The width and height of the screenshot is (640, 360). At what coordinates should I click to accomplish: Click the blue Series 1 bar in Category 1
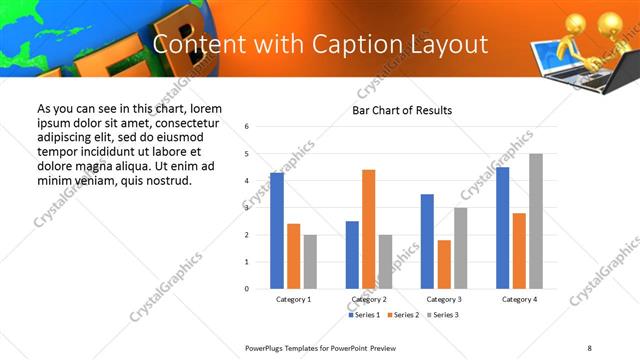pos(277,231)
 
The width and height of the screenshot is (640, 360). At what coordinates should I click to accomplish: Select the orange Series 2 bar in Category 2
pos(368,229)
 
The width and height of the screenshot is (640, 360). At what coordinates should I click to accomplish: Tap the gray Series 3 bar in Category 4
pos(536,221)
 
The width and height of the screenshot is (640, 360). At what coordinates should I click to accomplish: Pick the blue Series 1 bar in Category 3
pos(427,241)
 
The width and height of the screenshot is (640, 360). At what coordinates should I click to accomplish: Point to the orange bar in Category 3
pos(444,264)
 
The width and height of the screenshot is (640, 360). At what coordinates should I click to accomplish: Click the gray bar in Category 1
pos(310,262)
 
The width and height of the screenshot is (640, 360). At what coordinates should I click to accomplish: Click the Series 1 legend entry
pos(364,315)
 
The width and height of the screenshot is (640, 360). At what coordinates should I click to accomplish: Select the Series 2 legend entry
pos(402,315)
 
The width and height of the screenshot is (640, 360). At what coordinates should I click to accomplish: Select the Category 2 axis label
pos(369,299)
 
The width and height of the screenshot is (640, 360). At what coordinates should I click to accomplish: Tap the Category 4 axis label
pos(519,299)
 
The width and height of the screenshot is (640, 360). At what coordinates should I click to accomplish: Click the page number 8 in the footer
pos(589,347)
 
